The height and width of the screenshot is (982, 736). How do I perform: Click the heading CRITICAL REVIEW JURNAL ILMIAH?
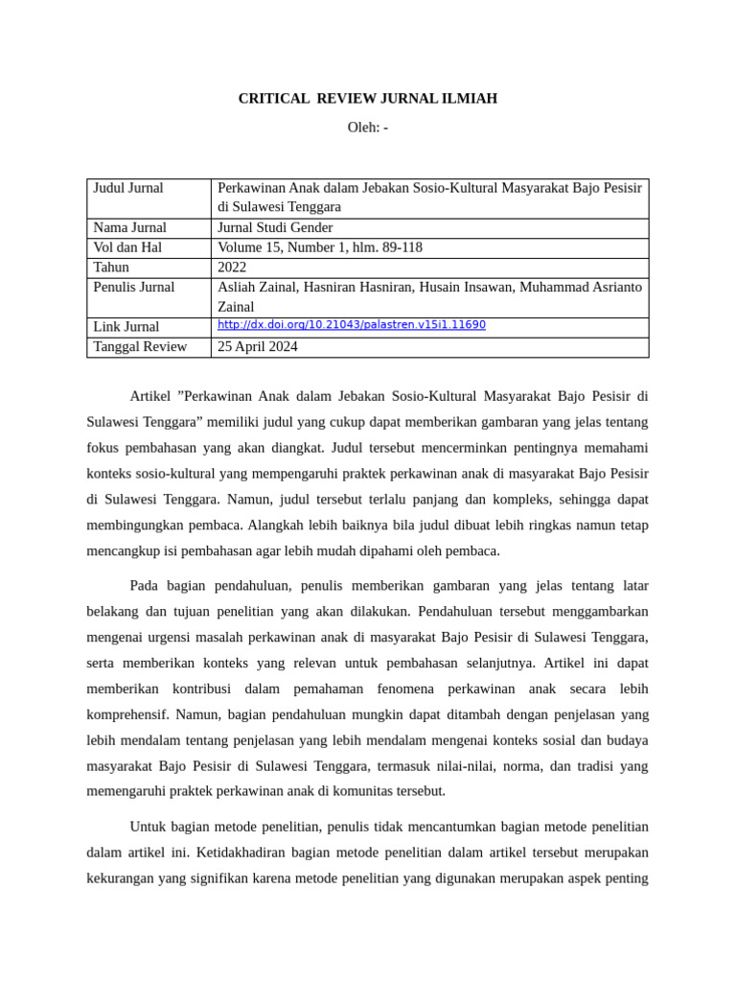pos(367,99)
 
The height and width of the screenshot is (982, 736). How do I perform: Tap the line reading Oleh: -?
pos(367,128)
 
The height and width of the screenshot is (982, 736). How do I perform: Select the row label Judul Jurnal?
pos(128,188)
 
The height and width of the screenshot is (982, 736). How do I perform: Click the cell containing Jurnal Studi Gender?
pos(275,227)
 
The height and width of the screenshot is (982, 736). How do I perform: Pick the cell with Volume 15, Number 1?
pos(320,247)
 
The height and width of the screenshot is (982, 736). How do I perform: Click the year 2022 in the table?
pos(232,268)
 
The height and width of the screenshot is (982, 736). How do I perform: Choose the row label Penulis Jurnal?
pos(133,287)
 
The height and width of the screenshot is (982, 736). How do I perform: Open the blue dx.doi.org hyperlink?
pos(352,325)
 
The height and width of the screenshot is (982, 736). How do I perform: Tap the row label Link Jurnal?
pos(126,327)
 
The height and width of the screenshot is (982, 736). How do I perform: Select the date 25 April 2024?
pos(258,347)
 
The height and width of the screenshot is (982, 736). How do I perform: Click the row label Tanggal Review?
pos(140,347)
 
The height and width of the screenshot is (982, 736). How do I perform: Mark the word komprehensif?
pos(128,714)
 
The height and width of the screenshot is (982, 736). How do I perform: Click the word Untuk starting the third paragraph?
pos(147,827)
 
